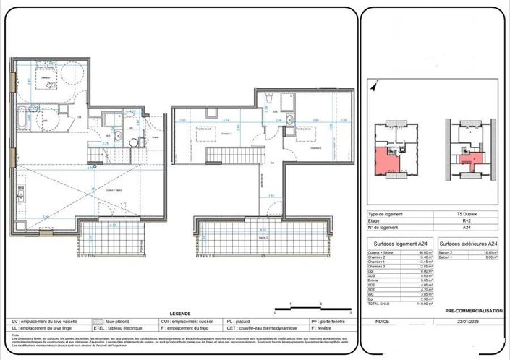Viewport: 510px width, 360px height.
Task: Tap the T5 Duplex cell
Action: tap(468, 215)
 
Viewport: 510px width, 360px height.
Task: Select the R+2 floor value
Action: tap(468, 221)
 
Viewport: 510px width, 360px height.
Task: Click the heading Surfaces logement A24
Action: tap(400, 243)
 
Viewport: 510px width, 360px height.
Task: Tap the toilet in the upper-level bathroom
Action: tap(269, 99)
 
